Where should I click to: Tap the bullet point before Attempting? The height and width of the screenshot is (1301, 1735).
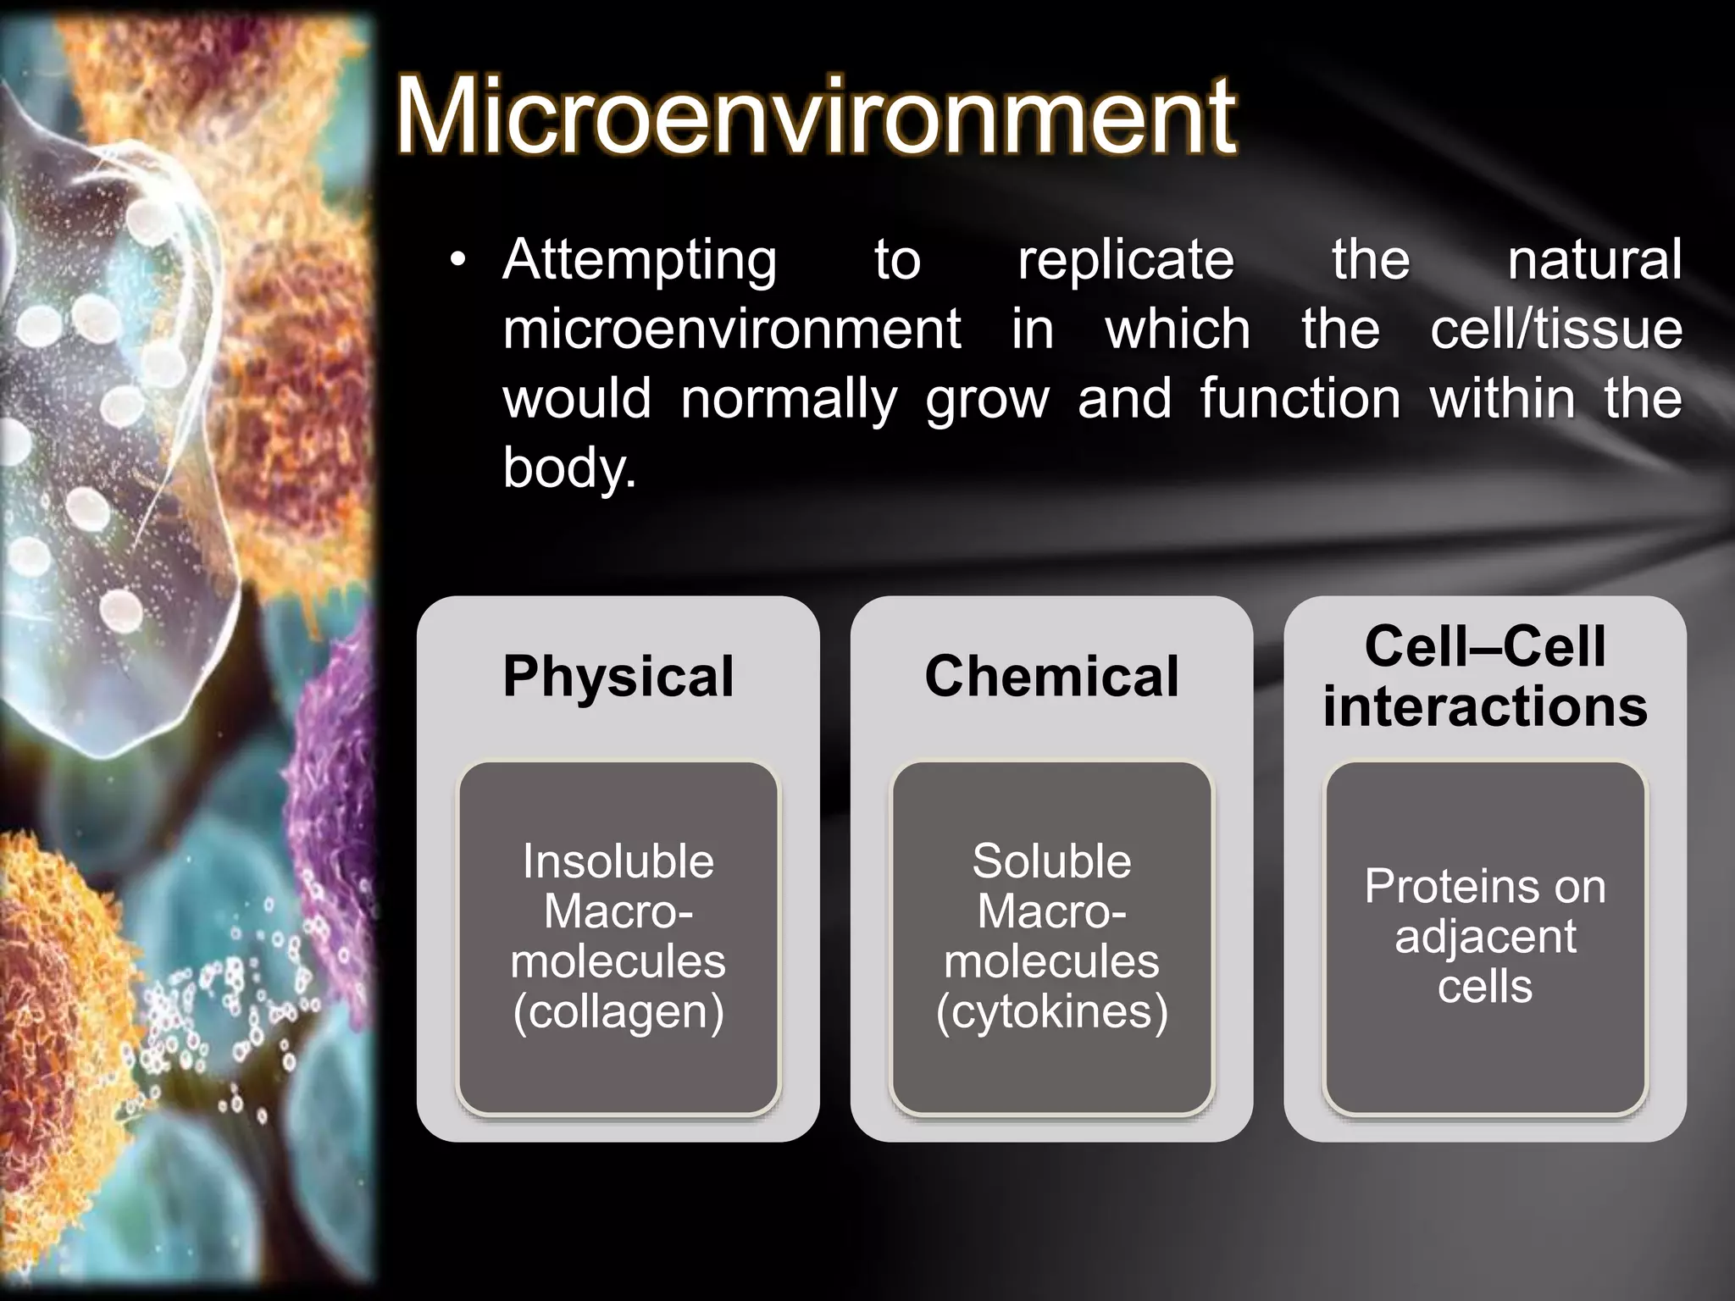point(458,261)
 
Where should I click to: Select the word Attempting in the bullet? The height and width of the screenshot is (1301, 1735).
point(640,261)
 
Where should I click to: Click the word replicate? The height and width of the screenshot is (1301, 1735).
point(1126,261)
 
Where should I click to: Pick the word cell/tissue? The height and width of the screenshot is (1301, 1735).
point(1555,329)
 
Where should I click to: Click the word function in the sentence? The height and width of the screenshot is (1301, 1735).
point(1300,398)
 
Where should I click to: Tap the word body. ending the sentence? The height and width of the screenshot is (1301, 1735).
point(568,468)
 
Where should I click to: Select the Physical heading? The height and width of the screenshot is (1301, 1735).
point(618,677)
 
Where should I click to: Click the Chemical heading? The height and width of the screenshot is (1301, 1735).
point(1051,677)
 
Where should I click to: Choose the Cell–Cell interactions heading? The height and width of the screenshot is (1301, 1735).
point(1485,677)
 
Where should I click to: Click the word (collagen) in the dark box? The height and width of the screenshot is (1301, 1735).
point(618,1011)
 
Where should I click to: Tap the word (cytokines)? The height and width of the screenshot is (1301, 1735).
point(1051,1011)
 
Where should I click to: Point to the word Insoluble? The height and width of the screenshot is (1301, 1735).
point(618,861)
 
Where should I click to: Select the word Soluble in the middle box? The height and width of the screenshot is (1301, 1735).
point(1051,861)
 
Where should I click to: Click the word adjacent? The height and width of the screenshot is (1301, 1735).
point(1485,937)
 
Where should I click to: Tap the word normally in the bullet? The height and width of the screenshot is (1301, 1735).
point(789,398)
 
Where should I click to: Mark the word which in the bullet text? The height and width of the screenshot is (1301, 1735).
point(1178,329)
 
